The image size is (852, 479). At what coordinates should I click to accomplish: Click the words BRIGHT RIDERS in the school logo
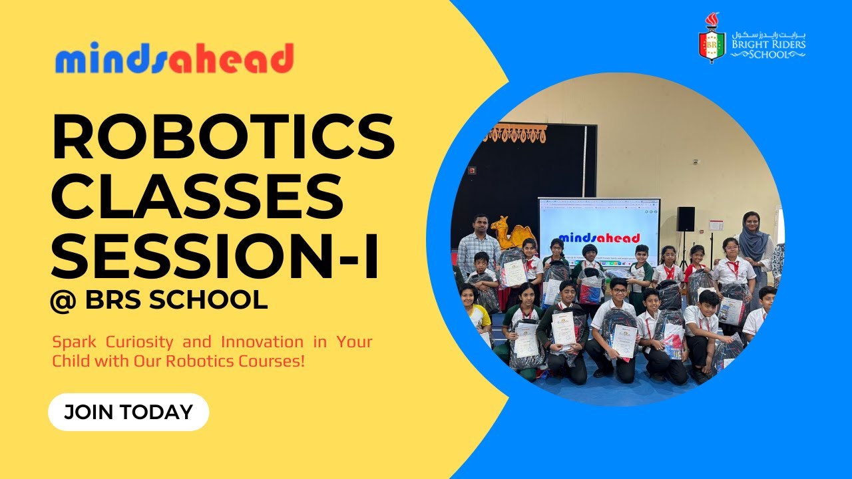point(768,45)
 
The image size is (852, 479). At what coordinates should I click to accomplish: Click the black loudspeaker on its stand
point(686,219)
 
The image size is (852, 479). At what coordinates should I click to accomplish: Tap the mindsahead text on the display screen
point(599,238)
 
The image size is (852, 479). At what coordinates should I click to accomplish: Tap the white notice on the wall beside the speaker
point(716,226)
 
